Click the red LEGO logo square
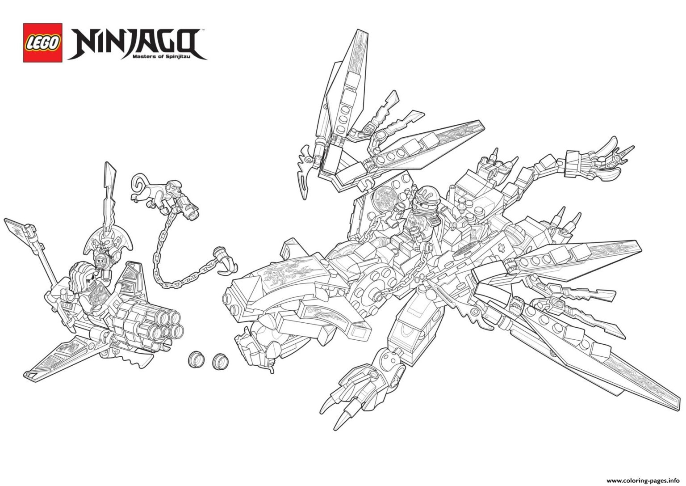43,42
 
